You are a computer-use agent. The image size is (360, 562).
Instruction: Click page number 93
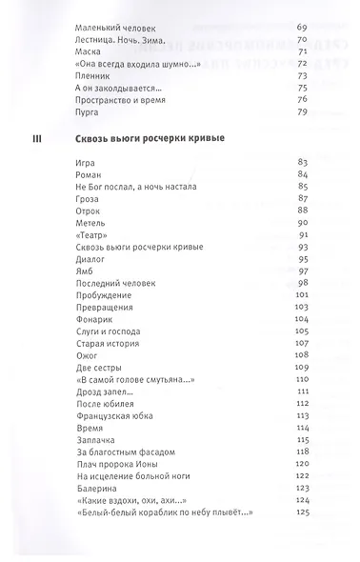(304, 247)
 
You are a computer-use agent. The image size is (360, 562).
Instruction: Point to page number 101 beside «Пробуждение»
(303, 295)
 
